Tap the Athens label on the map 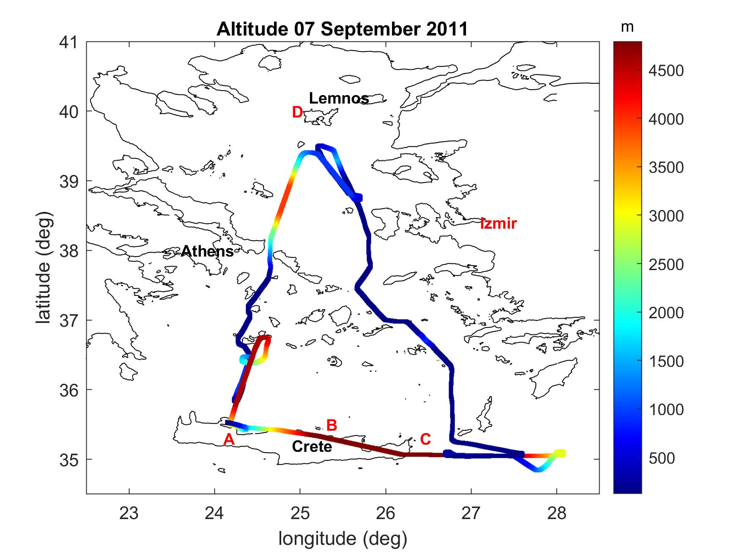coord(207,252)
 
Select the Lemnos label coord(339,98)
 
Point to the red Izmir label coord(498,223)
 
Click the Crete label coord(312,447)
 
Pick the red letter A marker coord(229,440)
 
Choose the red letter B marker coord(332,425)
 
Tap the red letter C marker coord(425,440)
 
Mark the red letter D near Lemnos coord(297,112)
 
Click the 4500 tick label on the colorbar coord(666,71)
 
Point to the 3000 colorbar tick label coord(666,216)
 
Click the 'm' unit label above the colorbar coord(627,27)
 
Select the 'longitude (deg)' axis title coord(343,539)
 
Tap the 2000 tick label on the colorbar coord(666,313)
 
